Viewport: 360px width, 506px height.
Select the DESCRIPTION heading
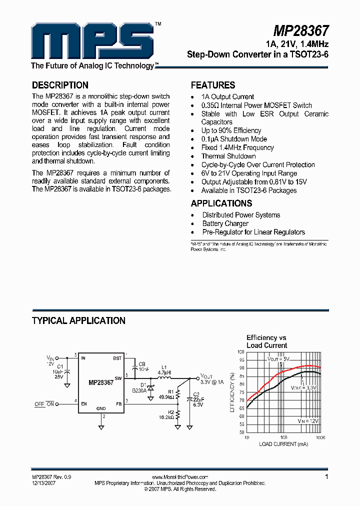[x=60, y=85]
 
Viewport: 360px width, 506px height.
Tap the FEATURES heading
[x=213, y=85]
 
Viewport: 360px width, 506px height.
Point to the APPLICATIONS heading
[x=221, y=203]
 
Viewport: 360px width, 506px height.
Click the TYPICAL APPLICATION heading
[x=78, y=320]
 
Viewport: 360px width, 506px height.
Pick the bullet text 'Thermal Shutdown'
[x=228, y=156]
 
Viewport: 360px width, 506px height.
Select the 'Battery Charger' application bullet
[x=225, y=223]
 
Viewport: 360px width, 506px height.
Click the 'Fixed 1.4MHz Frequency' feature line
[x=237, y=147]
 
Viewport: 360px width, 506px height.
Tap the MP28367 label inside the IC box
[x=101, y=383]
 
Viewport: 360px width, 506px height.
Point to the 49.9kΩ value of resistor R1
[x=165, y=397]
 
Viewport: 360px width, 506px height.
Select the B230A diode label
[x=139, y=390]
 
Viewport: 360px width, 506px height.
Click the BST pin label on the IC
[x=117, y=358]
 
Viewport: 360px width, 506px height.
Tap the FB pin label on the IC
[x=119, y=403]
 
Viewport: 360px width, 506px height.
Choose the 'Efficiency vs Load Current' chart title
[x=266, y=341]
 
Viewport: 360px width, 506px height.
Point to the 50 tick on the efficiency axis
[x=241, y=431]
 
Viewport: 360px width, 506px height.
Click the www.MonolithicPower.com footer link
[x=179, y=477]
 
